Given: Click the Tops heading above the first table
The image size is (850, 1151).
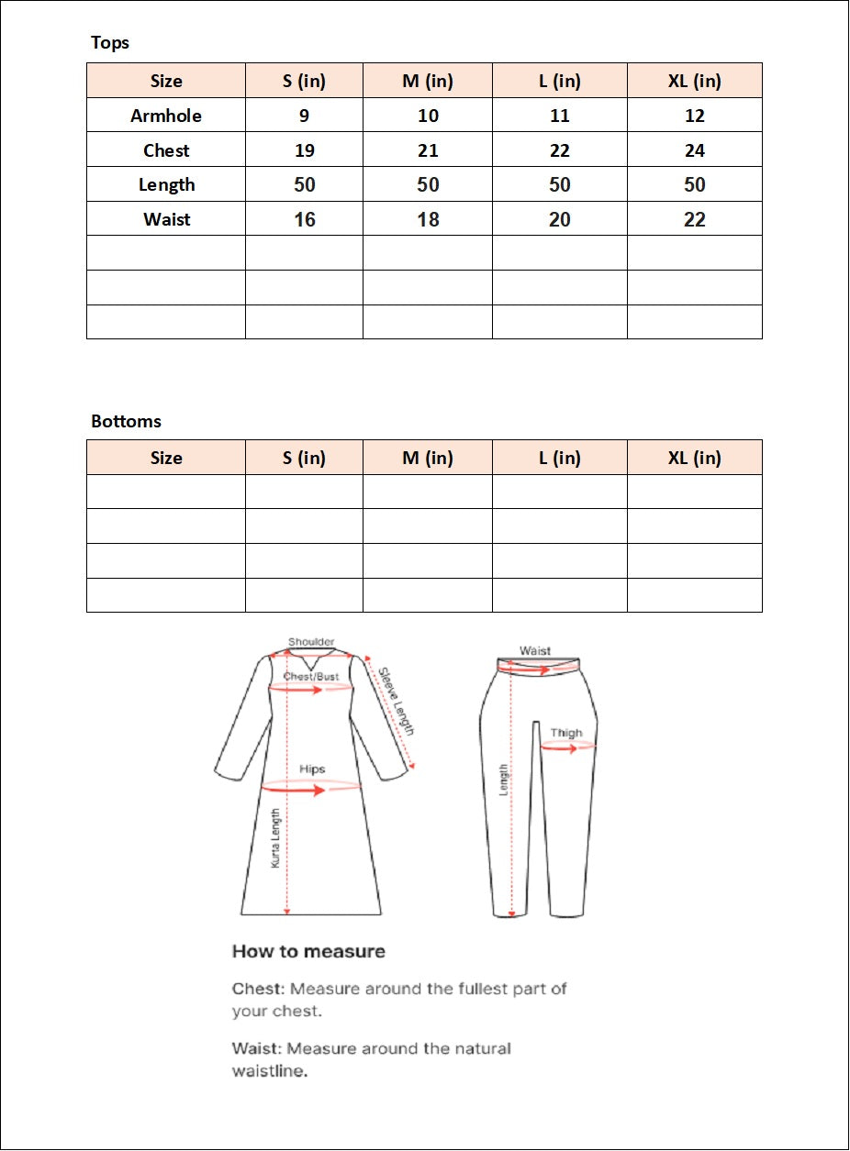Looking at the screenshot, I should pos(110,43).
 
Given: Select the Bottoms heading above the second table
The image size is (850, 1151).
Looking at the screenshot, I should pos(126,422).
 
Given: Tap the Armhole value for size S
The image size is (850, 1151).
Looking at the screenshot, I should pos(304,116).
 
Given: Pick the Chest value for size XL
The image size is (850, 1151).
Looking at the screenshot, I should pos(694,150).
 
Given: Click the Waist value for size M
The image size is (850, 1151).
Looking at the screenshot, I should pos(428,220).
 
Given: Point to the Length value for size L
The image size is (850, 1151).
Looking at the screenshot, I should pos(559,185).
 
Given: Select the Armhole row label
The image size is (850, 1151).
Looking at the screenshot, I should pos(166,116).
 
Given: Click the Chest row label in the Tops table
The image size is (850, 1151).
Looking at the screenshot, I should pos(166,150).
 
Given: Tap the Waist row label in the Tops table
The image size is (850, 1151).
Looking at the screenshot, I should pos(166,220).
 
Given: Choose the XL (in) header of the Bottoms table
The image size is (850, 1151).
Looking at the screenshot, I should pos(694,458).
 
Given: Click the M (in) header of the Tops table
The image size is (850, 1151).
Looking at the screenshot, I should pos(428,81).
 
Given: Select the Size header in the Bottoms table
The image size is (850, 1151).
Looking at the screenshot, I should pos(166,458).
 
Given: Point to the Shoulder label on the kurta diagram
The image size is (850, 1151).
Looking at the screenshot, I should pos(311,642).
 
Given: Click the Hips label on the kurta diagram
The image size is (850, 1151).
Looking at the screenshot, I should pos(312,769).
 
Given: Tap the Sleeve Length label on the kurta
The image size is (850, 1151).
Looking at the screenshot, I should pos(397,702).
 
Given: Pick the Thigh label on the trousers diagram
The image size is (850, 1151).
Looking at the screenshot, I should pos(566,733).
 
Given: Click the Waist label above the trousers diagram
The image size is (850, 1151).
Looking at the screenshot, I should pos(535,650).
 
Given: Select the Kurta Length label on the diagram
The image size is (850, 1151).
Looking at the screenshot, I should pos(274,838).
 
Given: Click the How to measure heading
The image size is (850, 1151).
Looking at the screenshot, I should pos(308,951).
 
